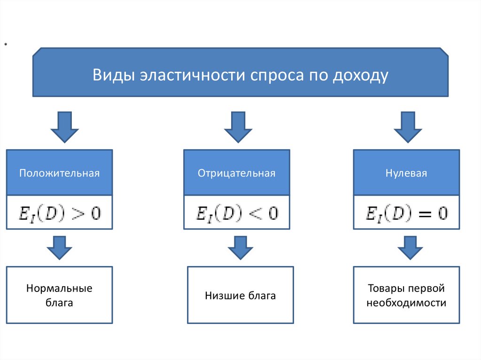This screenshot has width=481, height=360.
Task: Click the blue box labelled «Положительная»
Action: tap(59, 173)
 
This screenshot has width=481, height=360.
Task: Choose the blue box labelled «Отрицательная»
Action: tap(236, 173)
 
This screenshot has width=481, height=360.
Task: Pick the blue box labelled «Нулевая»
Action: tap(406, 173)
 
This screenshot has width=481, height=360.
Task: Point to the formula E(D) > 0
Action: tap(59, 213)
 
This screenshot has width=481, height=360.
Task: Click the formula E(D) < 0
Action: tap(236, 213)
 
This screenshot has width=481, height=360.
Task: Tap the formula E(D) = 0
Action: tap(406, 213)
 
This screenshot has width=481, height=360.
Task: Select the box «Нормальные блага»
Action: tap(59, 295)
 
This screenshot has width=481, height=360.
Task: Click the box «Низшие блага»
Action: tap(240, 295)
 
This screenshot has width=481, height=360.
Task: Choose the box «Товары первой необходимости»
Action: tap(406, 295)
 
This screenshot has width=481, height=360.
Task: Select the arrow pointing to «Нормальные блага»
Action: tap(59, 247)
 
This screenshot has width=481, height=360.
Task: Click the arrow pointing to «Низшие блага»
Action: tap(240, 247)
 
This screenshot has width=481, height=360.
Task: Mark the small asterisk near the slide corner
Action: tap(6, 45)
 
